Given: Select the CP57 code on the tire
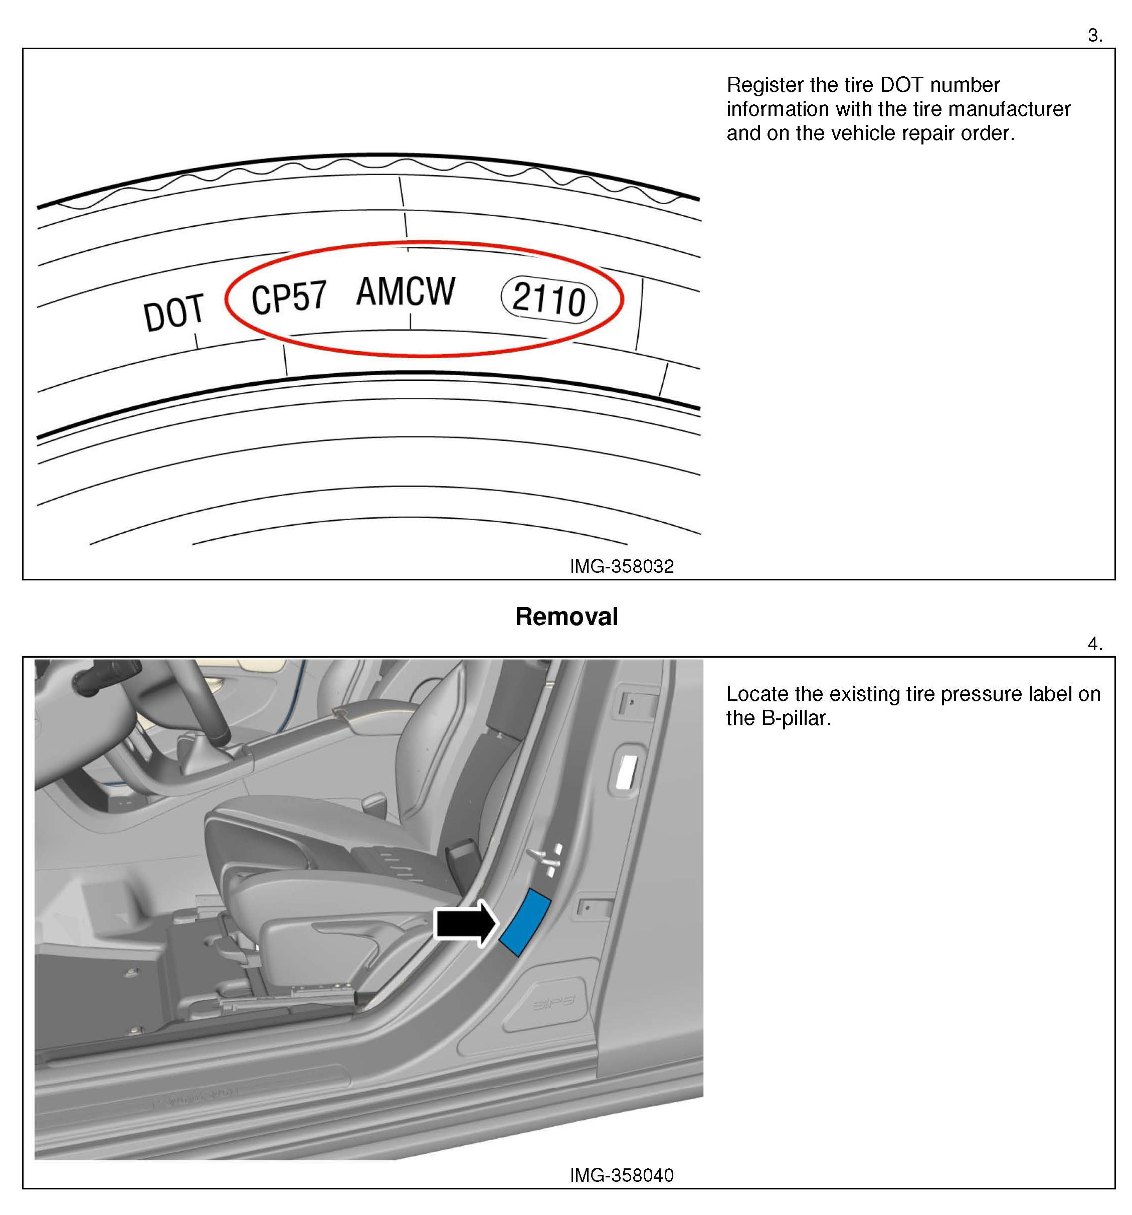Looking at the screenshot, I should coord(288,297).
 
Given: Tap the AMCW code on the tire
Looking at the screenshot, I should coord(405,291).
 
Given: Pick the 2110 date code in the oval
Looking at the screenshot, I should coord(548,299).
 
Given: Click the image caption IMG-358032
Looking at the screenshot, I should coord(621,566).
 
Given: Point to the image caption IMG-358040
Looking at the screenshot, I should coord(621,1175).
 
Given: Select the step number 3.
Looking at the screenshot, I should coord(1094,36).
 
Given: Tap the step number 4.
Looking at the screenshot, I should coord(1094,644).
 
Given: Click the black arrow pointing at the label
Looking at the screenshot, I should coord(465,924).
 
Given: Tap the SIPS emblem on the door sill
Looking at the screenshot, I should coord(553,1003).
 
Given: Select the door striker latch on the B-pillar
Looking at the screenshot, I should coord(545,859).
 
